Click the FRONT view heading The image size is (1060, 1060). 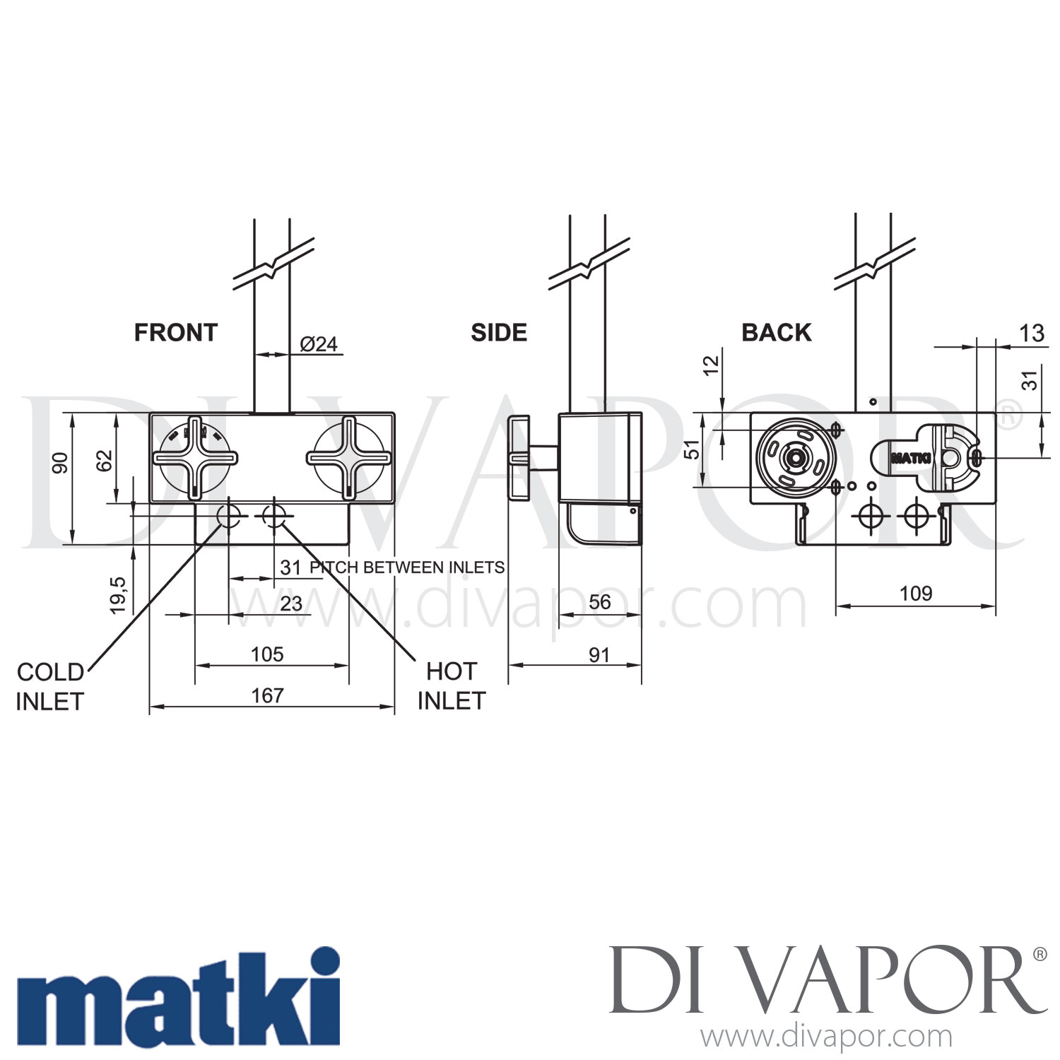pos(175,333)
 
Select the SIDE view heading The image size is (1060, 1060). pos(499,333)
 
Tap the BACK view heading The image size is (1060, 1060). pos(776,333)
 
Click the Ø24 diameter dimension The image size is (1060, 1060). pos(319,344)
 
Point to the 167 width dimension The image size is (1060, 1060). pos(267,696)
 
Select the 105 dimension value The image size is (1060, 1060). pos(267,654)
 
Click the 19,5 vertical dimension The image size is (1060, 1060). pos(118,595)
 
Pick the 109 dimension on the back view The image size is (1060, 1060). pos(915,594)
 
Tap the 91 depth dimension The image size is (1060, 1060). pos(599,655)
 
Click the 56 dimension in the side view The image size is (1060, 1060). pos(599,602)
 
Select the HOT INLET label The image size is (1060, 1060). pos(452,686)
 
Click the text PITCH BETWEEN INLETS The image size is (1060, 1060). pos(407,567)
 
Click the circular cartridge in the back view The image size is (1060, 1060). pos(796,457)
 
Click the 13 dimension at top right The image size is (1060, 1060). pos(1032,334)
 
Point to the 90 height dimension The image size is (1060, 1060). pos(61,464)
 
